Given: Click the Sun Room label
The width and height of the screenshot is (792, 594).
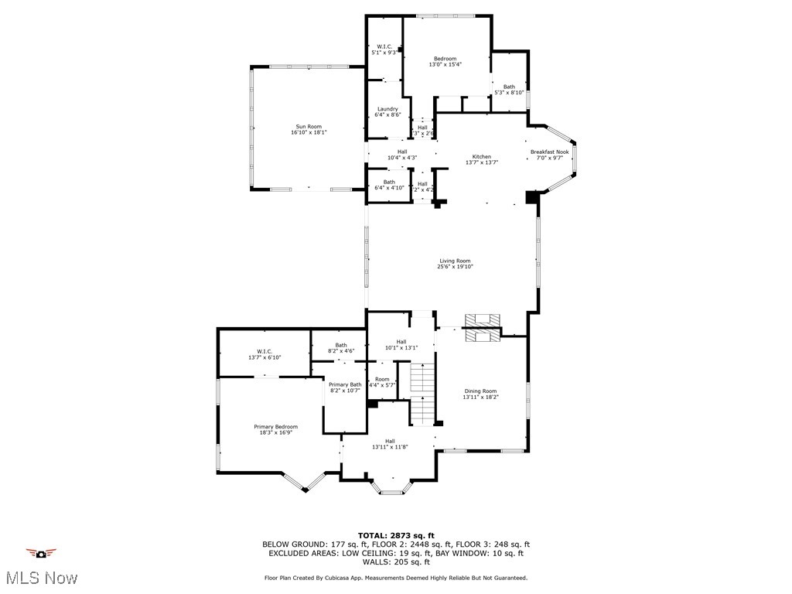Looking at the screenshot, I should click(309, 127).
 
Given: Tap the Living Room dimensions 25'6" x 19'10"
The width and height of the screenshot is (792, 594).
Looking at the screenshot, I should click(456, 266).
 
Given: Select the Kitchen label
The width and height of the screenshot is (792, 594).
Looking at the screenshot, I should click(481, 157).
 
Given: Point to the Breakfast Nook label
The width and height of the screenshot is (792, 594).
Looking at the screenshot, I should click(549, 152).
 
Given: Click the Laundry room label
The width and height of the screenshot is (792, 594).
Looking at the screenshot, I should click(387, 109).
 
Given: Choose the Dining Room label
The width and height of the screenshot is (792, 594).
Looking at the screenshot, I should click(480, 391).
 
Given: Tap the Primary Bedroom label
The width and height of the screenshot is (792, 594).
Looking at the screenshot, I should click(275, 427).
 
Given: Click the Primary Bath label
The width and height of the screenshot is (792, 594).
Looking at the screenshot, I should click(345, 385).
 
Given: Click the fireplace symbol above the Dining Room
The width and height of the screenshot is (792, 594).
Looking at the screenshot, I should click(483, 327).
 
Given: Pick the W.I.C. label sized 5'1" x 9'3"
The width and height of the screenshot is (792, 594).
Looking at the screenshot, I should click(384, 46).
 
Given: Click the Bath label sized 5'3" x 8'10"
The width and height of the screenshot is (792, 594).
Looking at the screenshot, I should click(509, 87).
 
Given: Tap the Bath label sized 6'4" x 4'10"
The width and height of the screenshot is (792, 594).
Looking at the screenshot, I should click(389, 183).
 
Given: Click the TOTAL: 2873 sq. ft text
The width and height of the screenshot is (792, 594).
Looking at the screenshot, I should click(396, 535).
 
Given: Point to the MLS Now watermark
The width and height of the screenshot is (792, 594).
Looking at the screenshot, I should click(41, 578).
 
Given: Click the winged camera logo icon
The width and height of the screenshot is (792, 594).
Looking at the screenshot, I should click(41, 553).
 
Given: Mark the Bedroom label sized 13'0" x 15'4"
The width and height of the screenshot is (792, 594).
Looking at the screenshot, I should click(445, 60).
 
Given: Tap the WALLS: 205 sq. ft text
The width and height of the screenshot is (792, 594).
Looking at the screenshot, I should click(396, 562).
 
